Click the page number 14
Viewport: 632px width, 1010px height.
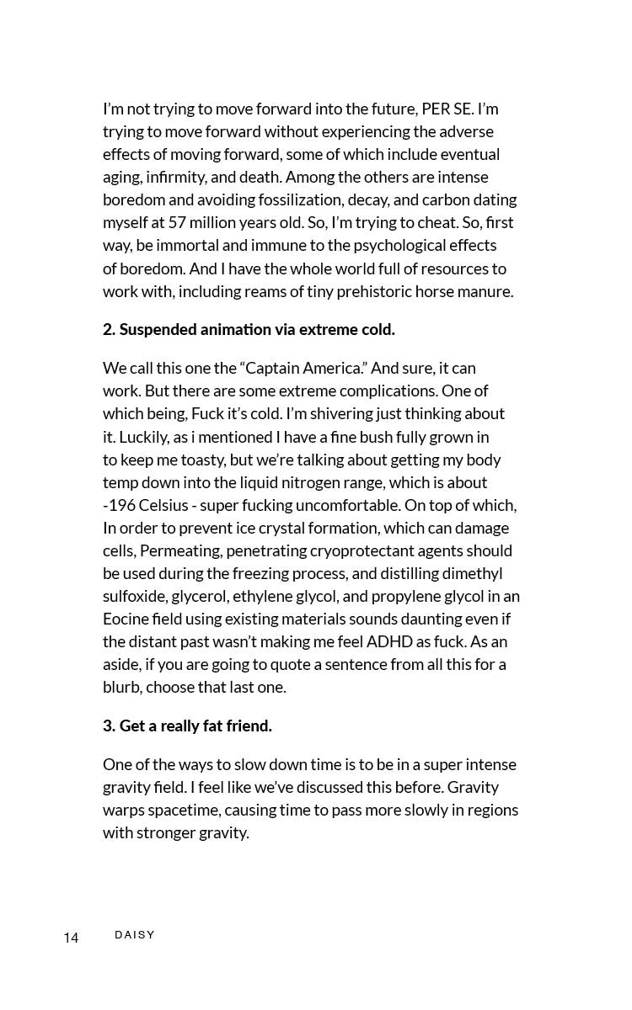pyautogui.click(x=71, y=938)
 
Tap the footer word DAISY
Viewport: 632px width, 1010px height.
pyautogui.click(x=135, y=935)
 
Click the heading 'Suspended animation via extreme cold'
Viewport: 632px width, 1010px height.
pyautogui.click(x=249, y=329)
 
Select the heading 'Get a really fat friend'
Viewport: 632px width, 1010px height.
pyautogui.click(x=187, y=726)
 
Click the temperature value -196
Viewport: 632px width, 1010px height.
pyautogui.click(x=119, y=505)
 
